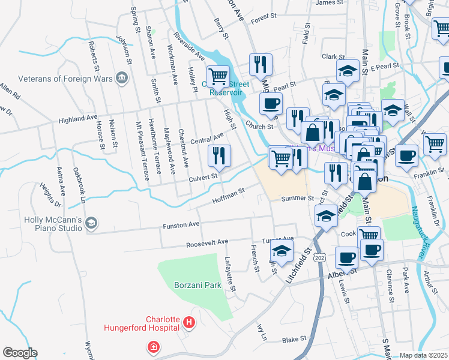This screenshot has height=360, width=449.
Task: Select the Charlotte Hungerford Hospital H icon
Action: point(189,323)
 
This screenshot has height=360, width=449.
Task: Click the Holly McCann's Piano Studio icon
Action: point(91,223)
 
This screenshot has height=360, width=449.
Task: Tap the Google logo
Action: point(20,353)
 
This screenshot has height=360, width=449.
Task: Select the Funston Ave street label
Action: point(181,225)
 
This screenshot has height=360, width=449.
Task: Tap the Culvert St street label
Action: point(201,177)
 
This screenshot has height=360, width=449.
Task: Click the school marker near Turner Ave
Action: point(281,251)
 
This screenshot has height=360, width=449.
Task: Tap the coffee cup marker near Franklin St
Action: point(407,155)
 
